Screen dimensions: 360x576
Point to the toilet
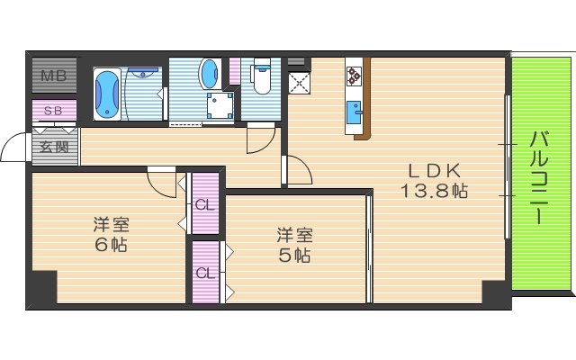click(262, 78)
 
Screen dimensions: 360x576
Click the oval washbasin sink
click(209, 73)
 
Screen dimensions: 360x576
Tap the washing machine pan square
click(218, 107)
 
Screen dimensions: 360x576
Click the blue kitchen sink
click(354, 114)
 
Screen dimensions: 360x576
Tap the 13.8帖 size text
click(435, 191)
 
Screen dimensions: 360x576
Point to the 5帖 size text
click(294, 256)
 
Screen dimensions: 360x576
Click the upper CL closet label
click(206, 204)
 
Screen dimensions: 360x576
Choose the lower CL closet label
click(206, 273)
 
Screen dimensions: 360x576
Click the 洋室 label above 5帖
click(294, 235)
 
